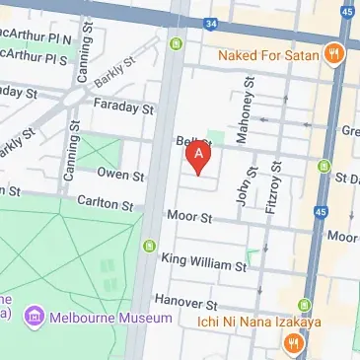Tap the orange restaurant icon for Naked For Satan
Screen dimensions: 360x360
pos(335,55)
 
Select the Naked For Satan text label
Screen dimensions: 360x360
pos(270,55)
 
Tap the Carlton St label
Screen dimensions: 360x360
pos(106,205)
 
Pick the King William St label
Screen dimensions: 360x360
pos(204,263)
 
